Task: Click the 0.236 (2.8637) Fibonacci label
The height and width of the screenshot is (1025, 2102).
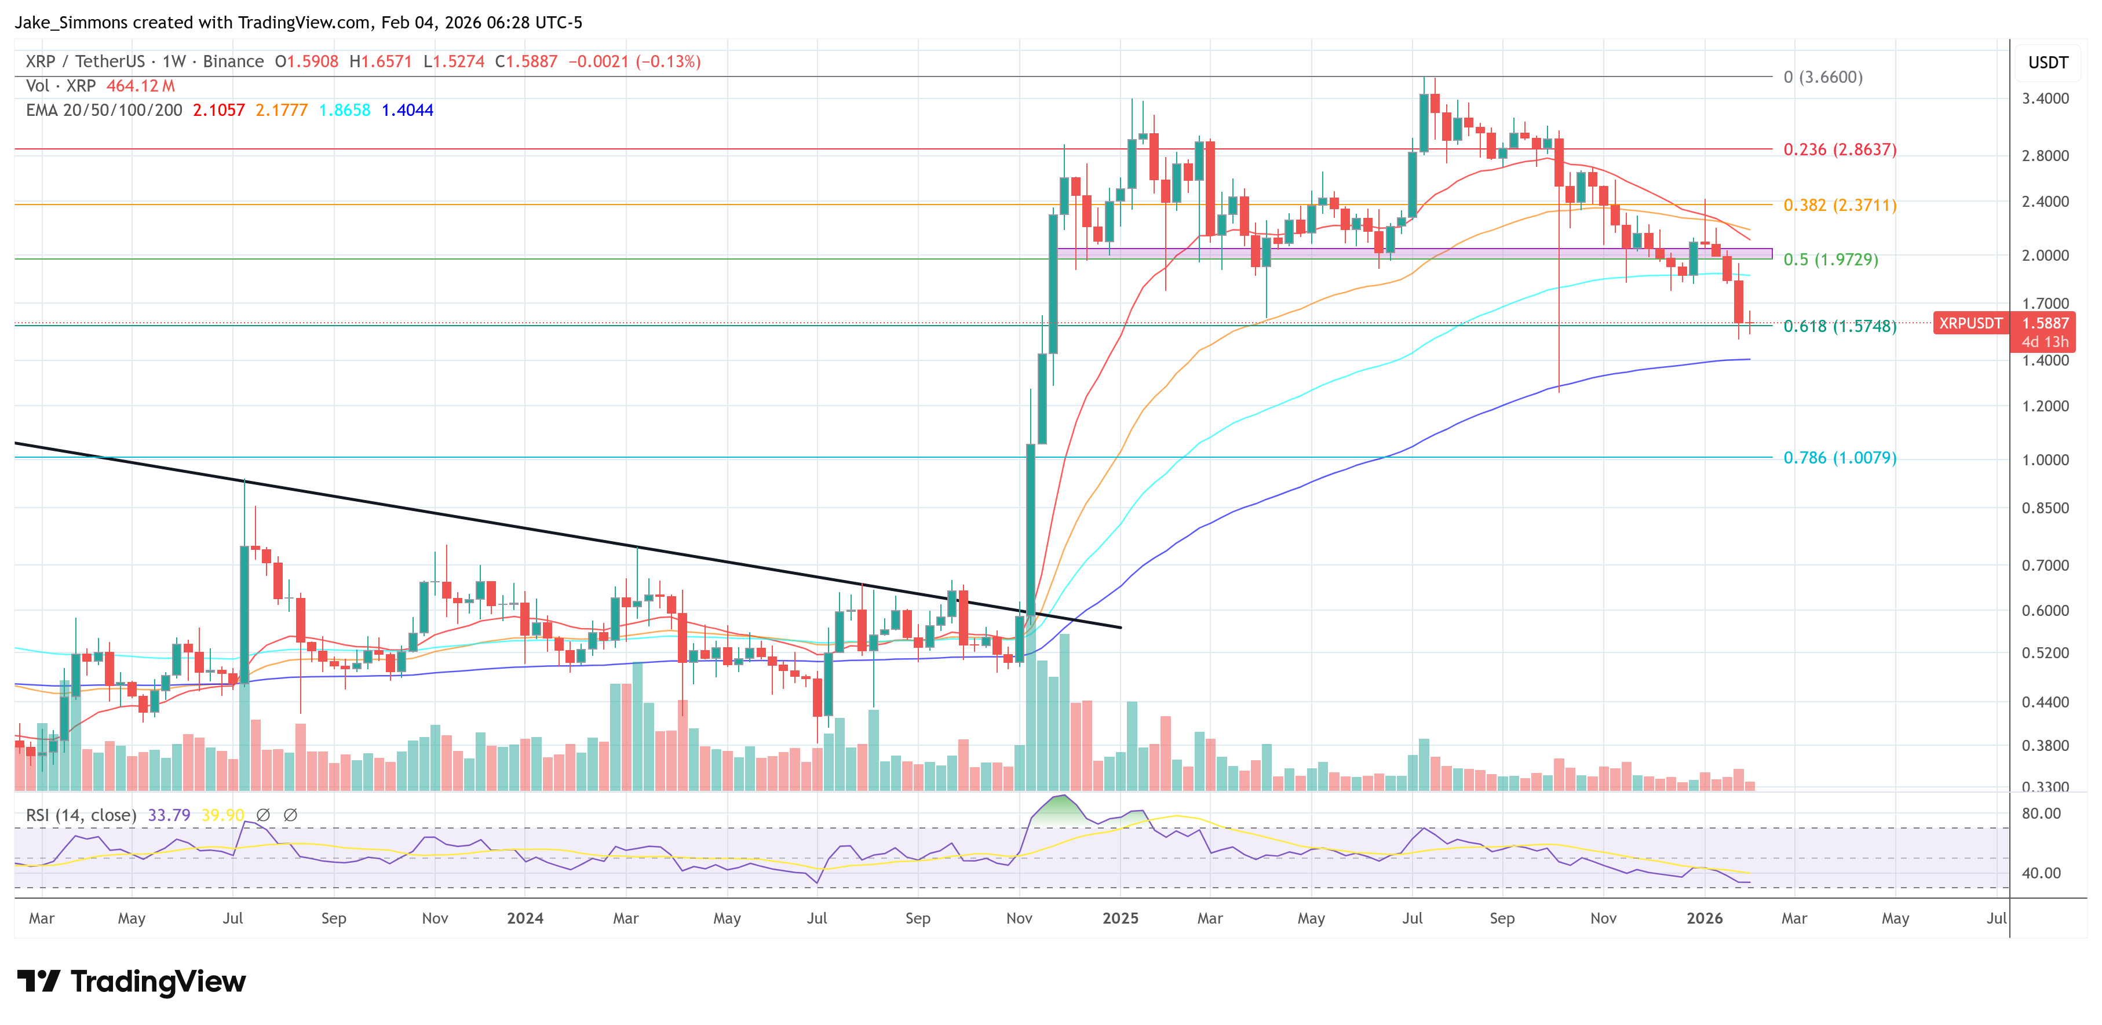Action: coord(1839,149)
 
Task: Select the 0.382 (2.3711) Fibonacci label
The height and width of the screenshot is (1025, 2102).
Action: coord(1839,205)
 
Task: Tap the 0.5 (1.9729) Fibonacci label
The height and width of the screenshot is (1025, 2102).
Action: coord(1830,260)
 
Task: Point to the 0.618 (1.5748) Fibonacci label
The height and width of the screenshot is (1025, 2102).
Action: coord(1839,326)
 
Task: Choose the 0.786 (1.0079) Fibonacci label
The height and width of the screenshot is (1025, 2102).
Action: coord(1839,458)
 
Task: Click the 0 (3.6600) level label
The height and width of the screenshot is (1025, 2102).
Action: coord(1822,76)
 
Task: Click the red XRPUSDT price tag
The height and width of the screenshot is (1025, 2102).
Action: coord(1970,323)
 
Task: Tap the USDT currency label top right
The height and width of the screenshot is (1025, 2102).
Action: coord(2048,63)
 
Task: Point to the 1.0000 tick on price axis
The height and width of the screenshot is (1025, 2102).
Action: coord(2045,460)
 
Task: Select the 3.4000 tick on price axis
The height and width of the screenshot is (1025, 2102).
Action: coord(2045,99)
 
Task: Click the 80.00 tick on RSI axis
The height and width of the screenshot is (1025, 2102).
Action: coord(2041,814)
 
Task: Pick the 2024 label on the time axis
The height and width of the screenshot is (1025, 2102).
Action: coord(525,918)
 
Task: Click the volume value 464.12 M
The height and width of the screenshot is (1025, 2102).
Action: coord(140,86)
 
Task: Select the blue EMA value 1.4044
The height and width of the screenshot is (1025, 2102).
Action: coord(407,110)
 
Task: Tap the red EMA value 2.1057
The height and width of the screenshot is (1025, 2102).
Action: coord(218,110)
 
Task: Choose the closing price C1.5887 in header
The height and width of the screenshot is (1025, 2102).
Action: coord(526,61)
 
